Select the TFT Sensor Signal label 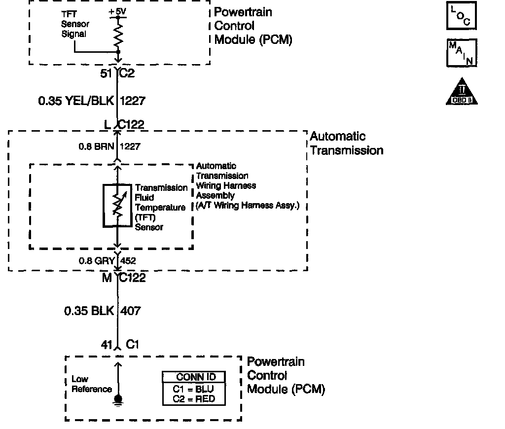[x=73, y=25]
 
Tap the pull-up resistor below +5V [x=118, y=35]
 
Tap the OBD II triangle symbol [x=462, y=92]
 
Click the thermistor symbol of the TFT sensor [x=117, y=206]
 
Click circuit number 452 [x=128, y=261]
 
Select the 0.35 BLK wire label [x=89, y=311]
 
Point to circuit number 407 [x=131, y=311]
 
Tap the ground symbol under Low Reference [x=117, y=400]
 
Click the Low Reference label [x=92, y=384]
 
